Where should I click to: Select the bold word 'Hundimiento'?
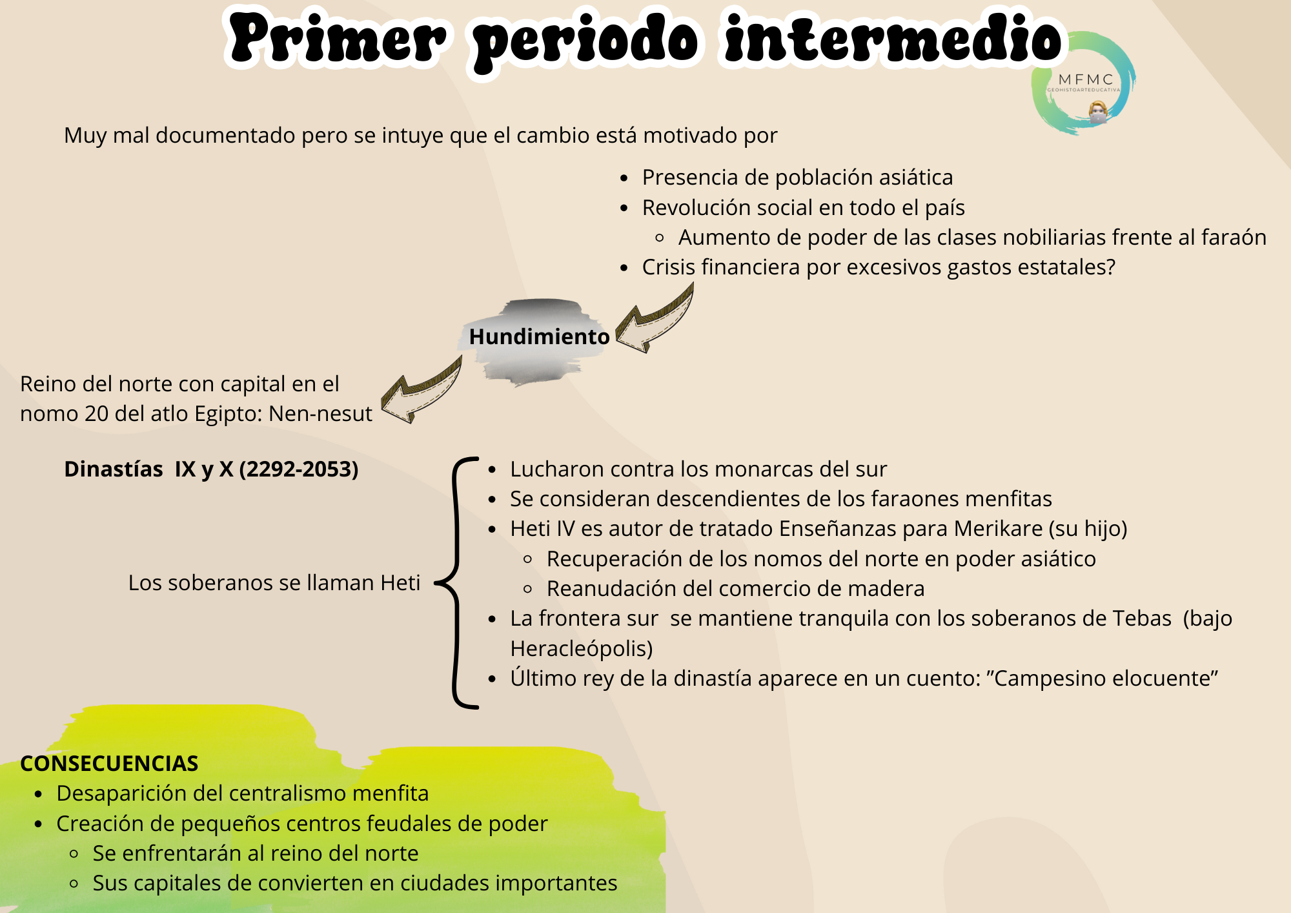(x=539, y=336)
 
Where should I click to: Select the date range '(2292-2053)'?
(x=299, y=469)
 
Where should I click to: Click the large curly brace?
(x=458, y=583)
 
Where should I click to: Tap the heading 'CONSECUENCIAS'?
(x=109, y=763)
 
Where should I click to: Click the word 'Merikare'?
(x=998, y=529)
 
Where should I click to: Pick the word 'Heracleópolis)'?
(x=582, y=648)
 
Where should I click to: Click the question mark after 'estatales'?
(x=1110, y=267)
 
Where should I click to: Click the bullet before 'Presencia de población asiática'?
(x=624, y=178)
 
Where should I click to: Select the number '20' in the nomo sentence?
(x=96, y=413)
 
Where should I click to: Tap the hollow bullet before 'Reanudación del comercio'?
(x=528, y=589)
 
